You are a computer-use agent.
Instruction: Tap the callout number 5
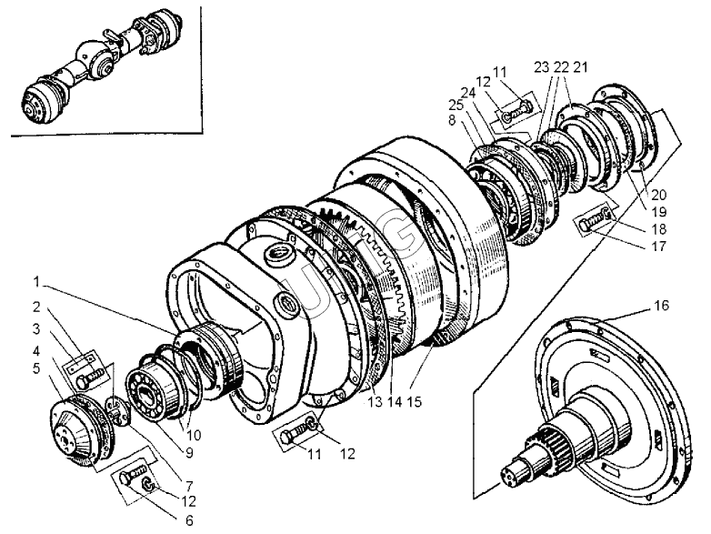coord(35,368)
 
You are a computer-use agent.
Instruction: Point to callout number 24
coord(469,92)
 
